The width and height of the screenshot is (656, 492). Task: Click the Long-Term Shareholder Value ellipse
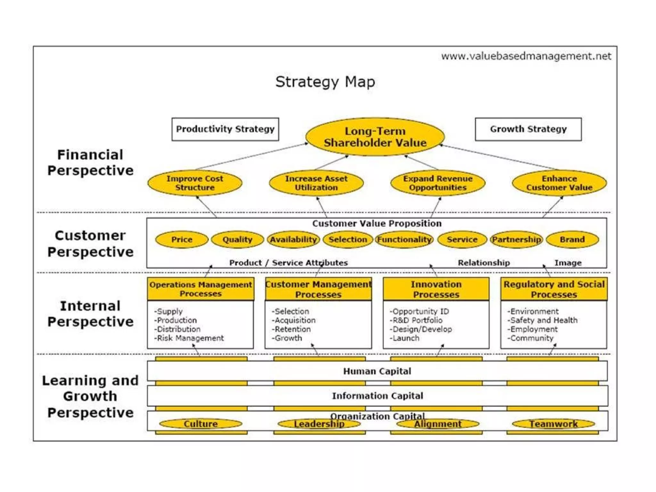tap(375, 137)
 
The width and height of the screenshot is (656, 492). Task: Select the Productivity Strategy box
tap(225, 129)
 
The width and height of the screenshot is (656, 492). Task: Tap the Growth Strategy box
tap(528, 129)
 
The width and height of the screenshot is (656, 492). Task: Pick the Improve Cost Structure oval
tap(195, 183)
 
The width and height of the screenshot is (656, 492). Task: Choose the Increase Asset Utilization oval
tap(316, 183)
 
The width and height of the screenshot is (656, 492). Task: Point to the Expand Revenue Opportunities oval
tap(438, 183)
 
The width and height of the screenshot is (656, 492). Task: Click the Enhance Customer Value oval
tap(559, 183)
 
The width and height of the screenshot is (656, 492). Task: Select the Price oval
tap(182, 240)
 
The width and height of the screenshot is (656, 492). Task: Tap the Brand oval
tap(572, 240)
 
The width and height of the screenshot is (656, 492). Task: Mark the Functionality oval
tap(404, 240)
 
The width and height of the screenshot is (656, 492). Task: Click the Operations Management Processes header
tap(201, 289)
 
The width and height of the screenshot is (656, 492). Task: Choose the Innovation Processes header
tap(436, 289)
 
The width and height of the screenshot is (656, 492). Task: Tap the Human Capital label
tap(377, 371)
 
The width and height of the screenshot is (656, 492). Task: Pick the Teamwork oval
tap(553, 424)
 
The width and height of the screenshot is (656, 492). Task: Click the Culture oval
tap(201, 424)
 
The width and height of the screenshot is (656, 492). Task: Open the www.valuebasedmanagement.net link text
tap(526, 56)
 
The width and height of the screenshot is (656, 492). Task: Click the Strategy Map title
tap(325, 82)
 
